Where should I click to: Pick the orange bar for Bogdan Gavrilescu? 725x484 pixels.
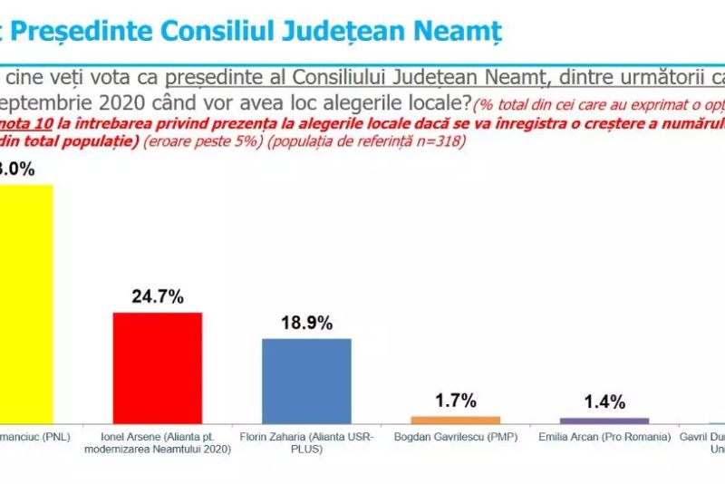tap(455, 420)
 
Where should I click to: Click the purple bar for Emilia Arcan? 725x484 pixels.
tap(604, 421)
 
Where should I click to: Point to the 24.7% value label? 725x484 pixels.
tap(157, 296)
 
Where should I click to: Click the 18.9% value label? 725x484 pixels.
tap(306, 323)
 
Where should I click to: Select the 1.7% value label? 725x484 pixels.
tap(455, 400)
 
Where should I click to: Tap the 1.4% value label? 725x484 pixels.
tap(604, 402)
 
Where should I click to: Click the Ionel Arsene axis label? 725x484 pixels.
tap(157, 442)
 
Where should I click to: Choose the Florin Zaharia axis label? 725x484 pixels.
tap(306, 442)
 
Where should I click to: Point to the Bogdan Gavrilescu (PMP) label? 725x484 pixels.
tap(455, 437)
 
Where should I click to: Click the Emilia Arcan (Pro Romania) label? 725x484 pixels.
tap(604, 437)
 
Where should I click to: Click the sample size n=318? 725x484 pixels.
tap(444, 142)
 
